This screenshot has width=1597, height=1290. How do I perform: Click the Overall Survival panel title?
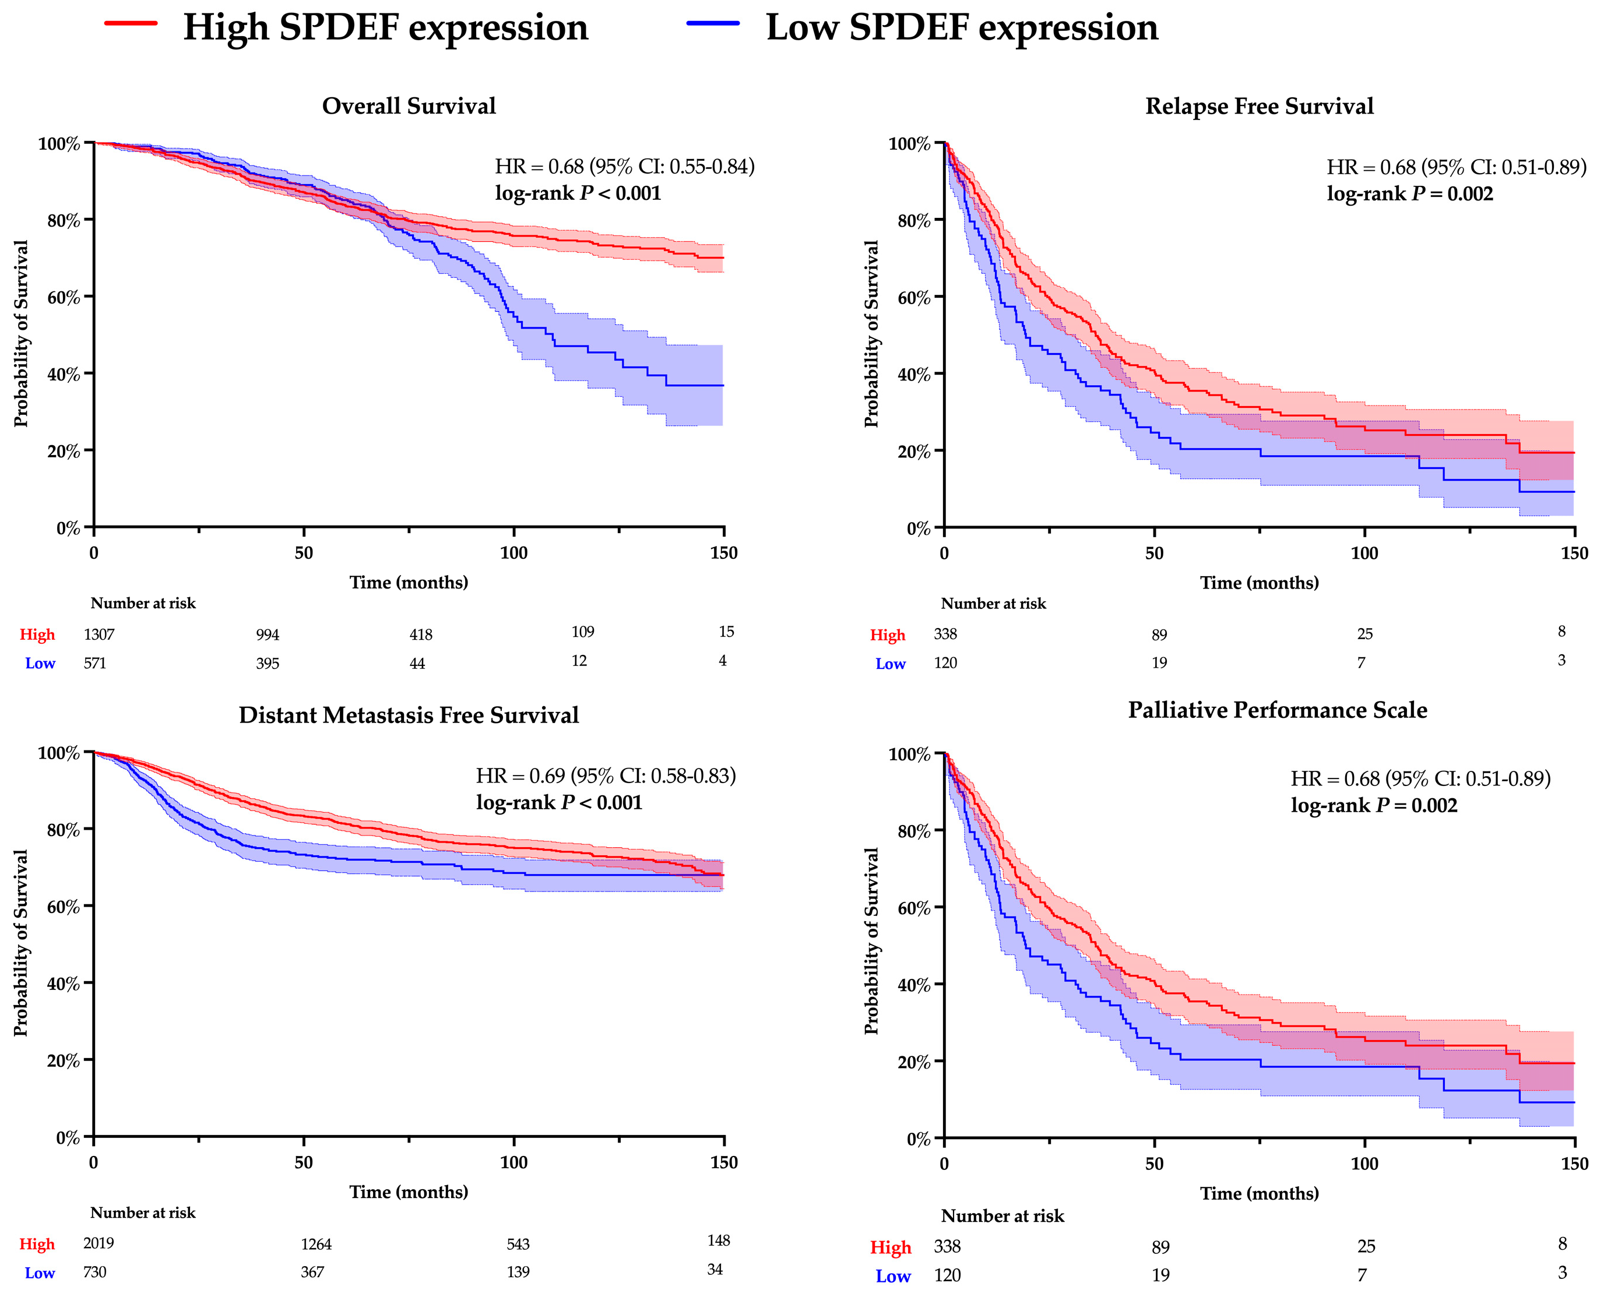[409, 105]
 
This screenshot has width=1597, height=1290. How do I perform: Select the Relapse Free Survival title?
[1259, 105]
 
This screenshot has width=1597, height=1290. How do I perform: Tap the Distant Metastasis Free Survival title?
[408, 715]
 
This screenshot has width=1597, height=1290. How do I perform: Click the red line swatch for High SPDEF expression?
[131, 24]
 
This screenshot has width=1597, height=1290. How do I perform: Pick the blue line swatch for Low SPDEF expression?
[713, 24]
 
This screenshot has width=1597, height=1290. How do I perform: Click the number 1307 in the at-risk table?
[99, 635]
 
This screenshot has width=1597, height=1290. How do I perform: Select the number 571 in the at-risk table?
[95, 663]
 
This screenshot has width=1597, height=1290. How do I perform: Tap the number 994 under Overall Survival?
[268, 635]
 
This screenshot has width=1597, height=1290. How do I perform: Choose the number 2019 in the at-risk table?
[99, 1244]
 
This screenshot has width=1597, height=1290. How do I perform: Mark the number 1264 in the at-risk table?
[316, 1245]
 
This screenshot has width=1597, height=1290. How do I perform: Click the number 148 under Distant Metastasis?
[719, 1241]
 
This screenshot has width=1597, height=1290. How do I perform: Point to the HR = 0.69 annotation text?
[606, 776]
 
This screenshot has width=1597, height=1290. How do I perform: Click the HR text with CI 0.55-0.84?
[624, 167]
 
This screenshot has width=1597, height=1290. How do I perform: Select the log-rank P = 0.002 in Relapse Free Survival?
[1410, 194]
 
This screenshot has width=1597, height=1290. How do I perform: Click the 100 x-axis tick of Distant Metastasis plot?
[513, 1162]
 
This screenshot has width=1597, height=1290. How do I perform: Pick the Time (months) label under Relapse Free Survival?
[1259, 583]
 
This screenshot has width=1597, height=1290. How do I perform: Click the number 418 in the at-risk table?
[421, 635]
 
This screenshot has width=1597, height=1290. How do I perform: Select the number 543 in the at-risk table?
[518, 1245]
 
